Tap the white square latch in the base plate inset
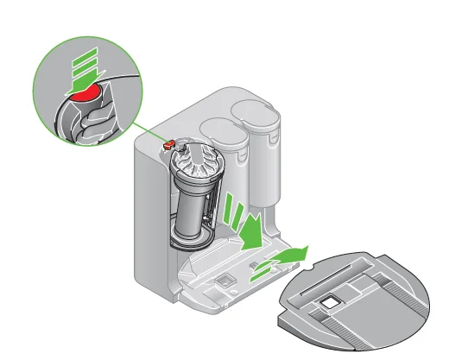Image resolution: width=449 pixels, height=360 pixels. (x=328, y=301)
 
